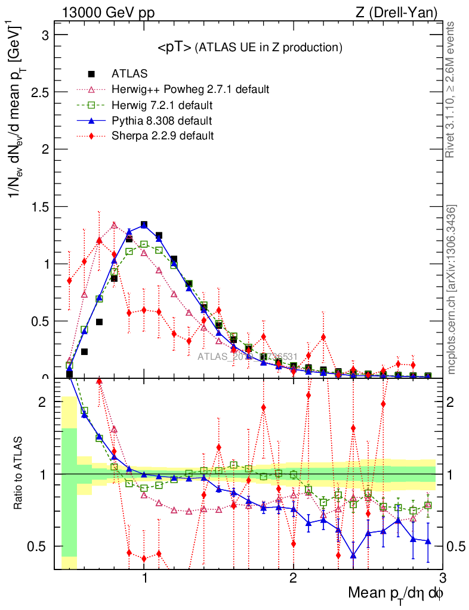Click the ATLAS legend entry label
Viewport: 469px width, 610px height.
click(129, 74)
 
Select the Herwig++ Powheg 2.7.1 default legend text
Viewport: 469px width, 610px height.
click(190, 89)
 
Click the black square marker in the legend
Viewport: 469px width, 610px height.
click(91, 74)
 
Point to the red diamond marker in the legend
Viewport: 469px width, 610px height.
click(91, 136)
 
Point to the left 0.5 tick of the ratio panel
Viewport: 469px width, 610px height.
click(44, 546)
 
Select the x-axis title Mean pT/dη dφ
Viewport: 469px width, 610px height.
click(396, 594)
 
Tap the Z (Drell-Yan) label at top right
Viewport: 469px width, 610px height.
click(403, 12)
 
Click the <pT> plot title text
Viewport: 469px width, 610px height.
click(249, 48)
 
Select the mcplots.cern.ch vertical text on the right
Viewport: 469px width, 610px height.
click(453, 290)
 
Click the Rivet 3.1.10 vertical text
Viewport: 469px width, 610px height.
click(453, 89)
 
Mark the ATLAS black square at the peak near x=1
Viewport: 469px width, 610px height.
click(144, 225)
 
